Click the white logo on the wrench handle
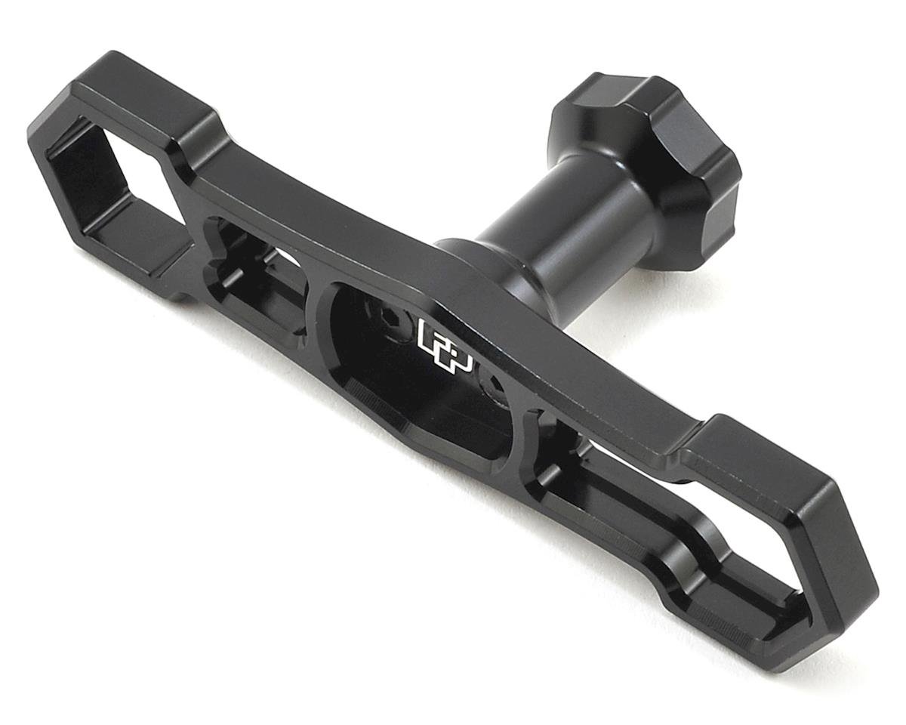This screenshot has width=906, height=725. point(444,344)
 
